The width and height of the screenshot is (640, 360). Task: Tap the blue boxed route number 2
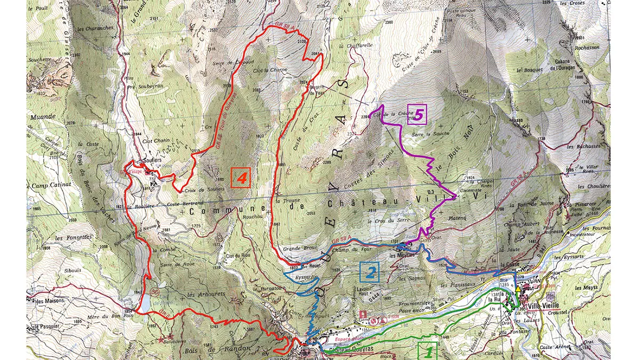[371, 272]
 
